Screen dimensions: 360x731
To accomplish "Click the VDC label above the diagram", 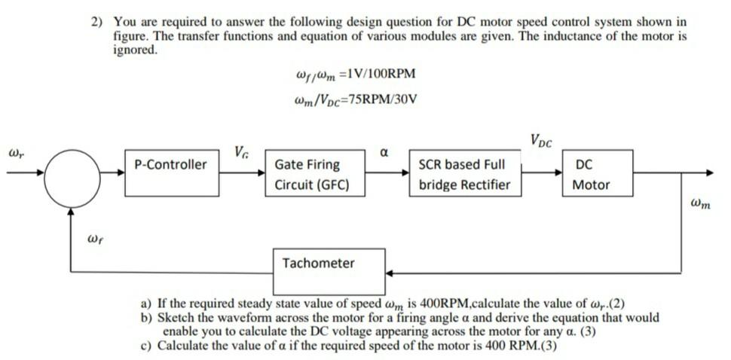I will (540, 140).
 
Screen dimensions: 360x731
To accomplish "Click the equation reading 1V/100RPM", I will (352, 74).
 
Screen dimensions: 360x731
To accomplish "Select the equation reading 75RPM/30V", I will (353, 99).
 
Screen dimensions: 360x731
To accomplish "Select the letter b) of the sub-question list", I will (148, 317).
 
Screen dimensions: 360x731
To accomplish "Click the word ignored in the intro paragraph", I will (135, 50).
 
